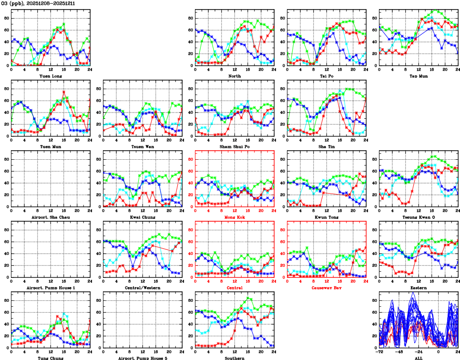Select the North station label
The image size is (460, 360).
[x=234, y=76]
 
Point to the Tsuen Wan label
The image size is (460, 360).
[x=142, y=146]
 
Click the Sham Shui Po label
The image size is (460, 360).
[x=234, y=146]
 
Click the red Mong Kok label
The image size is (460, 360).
[x=234, y=217]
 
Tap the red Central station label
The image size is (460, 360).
[x=234, y=288]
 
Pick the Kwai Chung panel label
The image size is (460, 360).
[x=142, y=217]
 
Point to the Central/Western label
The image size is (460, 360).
[x=142, y=288]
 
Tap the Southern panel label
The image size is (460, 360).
[x=234, y=358]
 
